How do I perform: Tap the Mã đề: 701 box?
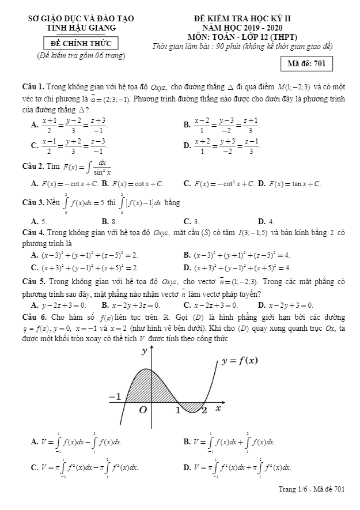[x=310, y=64]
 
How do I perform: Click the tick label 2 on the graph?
[x=204, y=410]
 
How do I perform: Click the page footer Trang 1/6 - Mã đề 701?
[x=311, y=489]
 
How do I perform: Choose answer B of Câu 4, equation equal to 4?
[x=237, y=255]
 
